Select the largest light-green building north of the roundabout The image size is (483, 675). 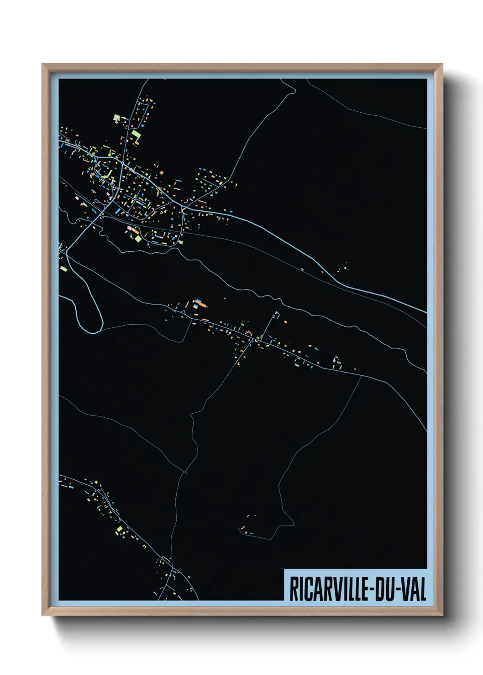tap(136, 135)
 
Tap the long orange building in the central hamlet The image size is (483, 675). tap(200, 302)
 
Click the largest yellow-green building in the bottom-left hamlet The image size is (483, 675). tap(120, 529)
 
